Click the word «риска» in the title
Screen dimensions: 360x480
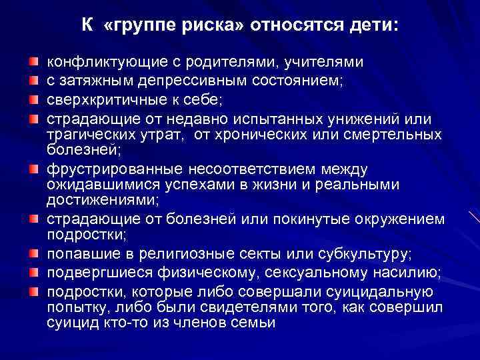(206, 26)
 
